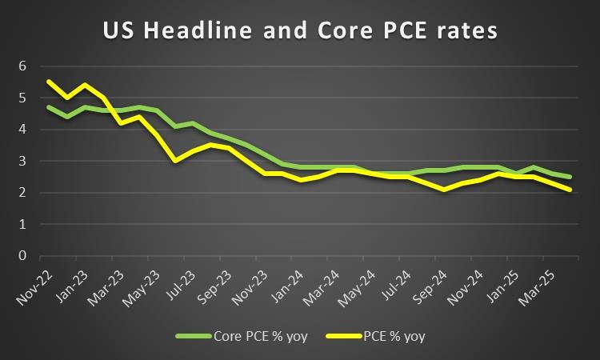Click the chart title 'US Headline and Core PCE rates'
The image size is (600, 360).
[300, 31]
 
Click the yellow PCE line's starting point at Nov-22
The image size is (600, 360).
[50, 81]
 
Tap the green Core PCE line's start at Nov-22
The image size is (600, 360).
[50, 106]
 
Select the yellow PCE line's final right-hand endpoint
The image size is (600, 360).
[570, 190]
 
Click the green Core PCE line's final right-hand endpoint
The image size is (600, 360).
[570, 177]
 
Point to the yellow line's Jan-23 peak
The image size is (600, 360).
[85, 84]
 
